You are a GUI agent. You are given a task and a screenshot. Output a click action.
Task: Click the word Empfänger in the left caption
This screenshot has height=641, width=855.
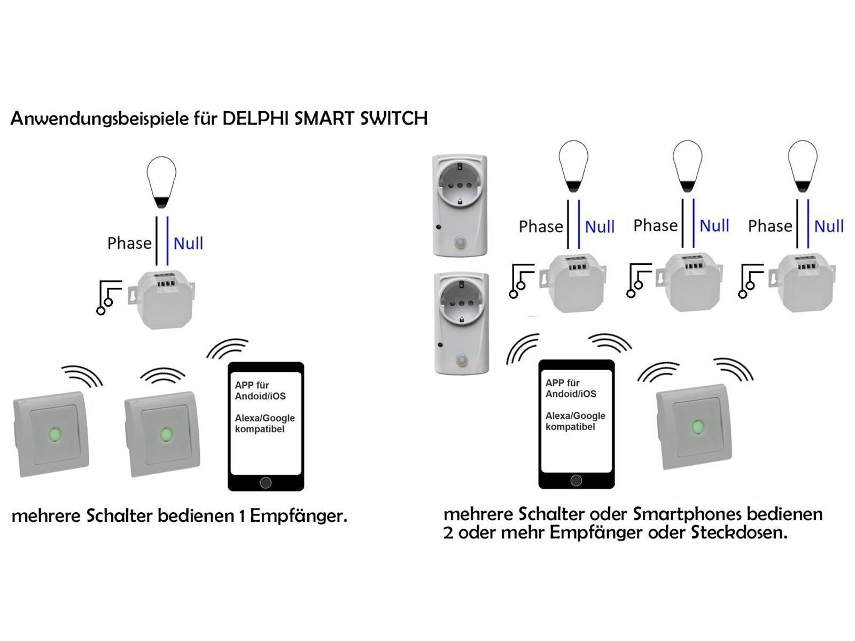click(298, 517)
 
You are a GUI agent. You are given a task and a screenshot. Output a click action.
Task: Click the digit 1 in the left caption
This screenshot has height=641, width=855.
click(243, 517)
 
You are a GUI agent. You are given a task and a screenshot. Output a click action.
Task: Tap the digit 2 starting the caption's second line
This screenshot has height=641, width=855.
click(448, 533)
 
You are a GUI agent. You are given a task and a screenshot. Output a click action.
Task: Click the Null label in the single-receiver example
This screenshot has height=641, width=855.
click(188, 244)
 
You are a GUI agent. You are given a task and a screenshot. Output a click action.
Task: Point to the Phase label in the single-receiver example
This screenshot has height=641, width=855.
click(129, 244)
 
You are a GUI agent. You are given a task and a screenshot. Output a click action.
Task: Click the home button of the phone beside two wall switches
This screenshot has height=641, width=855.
click(266, 483)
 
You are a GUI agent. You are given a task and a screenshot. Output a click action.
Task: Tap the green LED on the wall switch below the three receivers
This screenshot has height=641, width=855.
click(697, 426)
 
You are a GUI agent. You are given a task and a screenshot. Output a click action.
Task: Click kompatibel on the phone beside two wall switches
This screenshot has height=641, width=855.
click(260, 429)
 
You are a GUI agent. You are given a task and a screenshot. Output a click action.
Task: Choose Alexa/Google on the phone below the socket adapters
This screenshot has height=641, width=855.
click(576, 416)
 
